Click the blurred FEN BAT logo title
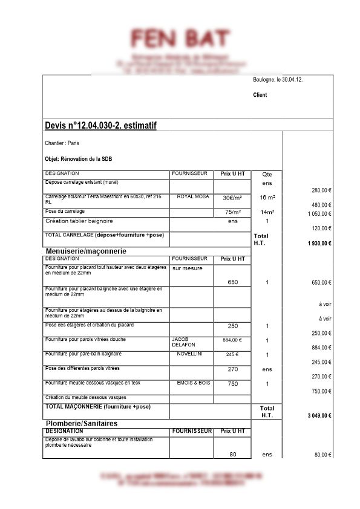click(180, 39)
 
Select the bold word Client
click(260, 95)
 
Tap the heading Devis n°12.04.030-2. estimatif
click(100, 125)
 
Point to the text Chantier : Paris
click(62, 144)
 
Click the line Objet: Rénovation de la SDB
click(79, 159)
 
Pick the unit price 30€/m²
click(232, 198)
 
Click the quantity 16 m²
click(267, 198)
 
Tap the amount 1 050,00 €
click(319, 214)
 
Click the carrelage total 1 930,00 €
click(319, 243)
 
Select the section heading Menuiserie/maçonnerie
click(90, 250)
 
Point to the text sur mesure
click(188, 268)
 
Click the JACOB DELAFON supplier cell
click(184, 342)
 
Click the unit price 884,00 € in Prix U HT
click(232, 340)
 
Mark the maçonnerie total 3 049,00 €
click(319, 416)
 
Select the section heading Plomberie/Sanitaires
click(82, 423)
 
